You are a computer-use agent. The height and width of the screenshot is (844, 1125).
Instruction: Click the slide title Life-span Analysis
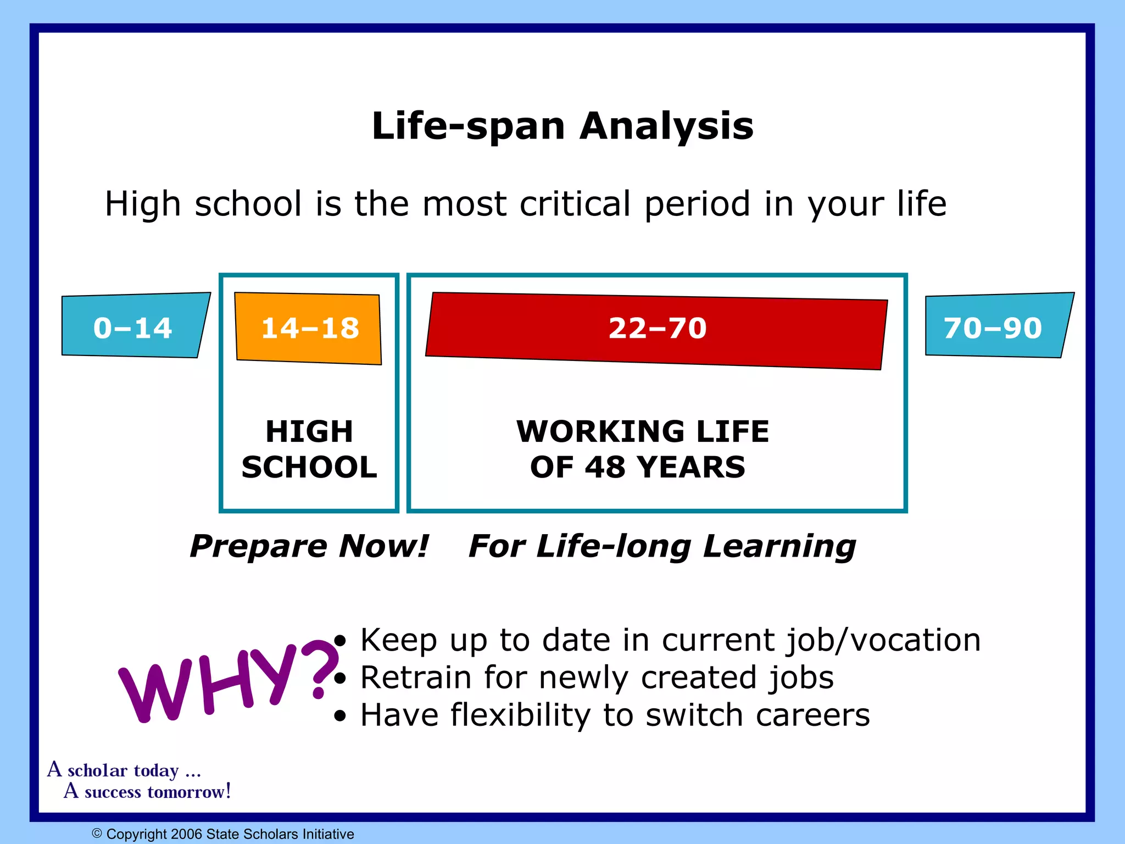coord(562,126)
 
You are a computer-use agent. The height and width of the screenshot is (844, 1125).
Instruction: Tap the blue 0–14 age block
coord(133,327)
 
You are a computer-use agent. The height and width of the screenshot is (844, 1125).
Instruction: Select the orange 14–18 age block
coord(309,328)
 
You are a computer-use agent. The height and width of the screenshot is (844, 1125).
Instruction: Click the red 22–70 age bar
coord(657,330)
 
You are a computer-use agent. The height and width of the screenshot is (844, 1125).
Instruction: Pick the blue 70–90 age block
coord(995,327)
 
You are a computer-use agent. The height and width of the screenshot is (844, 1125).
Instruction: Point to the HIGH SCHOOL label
coord(309,449)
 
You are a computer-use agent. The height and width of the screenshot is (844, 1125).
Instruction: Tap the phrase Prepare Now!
coord(309,546)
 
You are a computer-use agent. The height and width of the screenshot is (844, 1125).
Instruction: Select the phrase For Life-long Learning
coord(662,546)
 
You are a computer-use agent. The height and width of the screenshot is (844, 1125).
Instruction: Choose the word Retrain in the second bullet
coord(416,678)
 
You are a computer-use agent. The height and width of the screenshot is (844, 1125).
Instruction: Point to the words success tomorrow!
coord(157,792)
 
